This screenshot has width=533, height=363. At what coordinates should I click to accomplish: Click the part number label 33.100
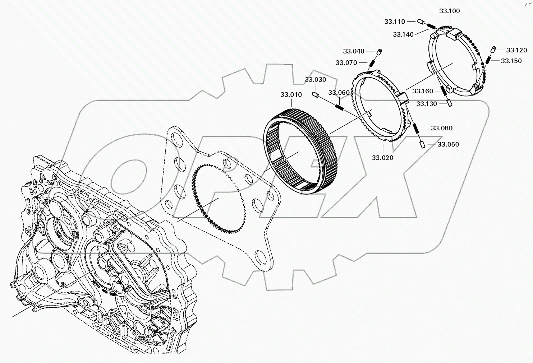[449, 11]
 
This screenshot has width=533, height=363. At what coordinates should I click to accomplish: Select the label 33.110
[395, 22]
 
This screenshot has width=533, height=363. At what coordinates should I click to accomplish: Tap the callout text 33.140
[403, 34]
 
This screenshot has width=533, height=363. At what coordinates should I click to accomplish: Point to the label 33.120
[516, 50]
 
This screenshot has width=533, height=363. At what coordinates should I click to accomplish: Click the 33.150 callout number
[511, 61]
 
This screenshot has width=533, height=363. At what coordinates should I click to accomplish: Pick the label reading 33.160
[423, 91]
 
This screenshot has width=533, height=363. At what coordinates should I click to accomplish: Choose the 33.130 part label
[427, 104]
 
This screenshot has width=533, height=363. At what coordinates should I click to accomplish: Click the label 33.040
[353, 51]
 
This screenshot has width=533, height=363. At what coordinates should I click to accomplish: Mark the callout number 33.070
[346, 63]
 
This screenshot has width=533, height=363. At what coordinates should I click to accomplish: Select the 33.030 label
[316, 80]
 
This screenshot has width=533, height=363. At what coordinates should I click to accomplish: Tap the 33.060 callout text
[339, 93]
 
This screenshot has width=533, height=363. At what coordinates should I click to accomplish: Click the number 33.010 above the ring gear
[291, 95]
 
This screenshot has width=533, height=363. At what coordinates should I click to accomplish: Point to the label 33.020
[382, 158]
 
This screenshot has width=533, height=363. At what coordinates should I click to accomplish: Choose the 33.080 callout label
[442, 128]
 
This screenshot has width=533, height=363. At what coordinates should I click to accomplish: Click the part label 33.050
[448, 144]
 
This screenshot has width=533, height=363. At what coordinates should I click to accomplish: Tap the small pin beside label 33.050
[423, 144]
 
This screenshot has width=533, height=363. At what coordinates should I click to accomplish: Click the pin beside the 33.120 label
[494, 49]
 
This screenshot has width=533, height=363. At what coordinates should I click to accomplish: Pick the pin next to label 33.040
[379, 52]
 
